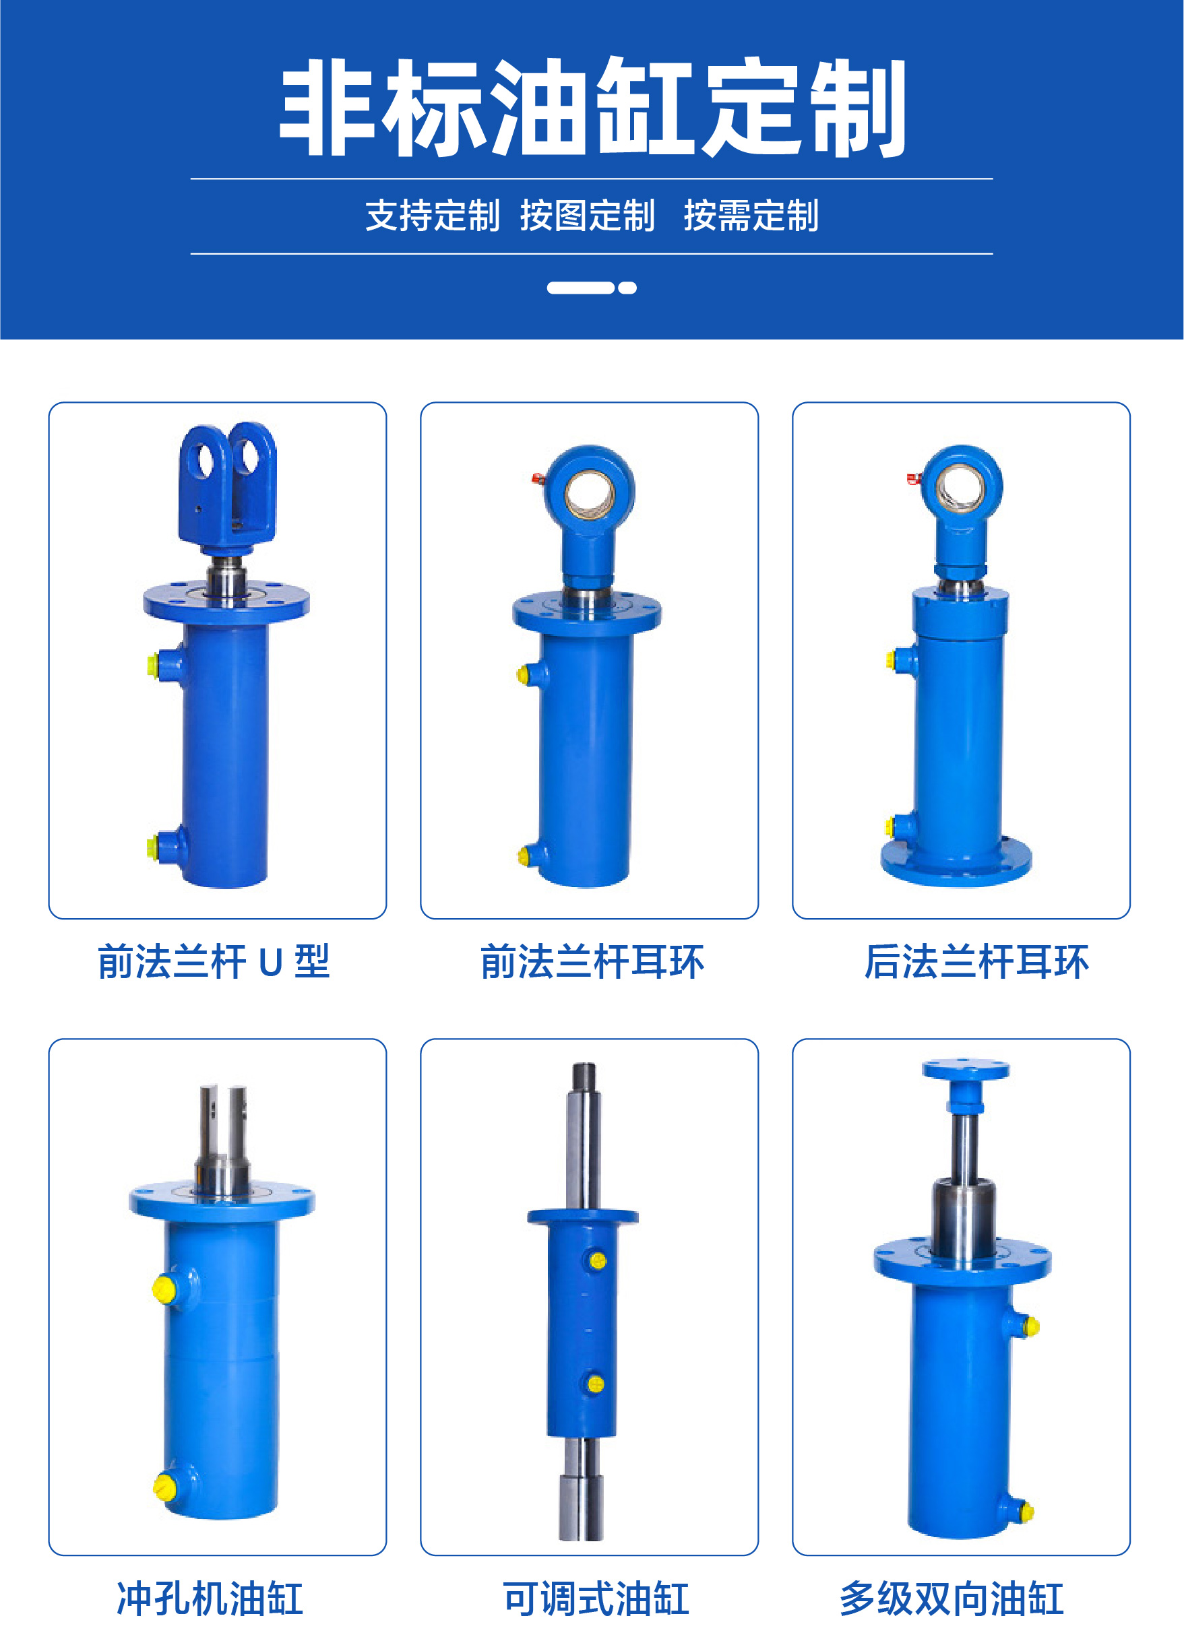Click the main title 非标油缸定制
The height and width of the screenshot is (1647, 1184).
tap(592, 108)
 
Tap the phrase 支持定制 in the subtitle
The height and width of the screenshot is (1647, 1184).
tap(432, 216)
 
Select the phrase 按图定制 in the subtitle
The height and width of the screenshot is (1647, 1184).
tap(588, 216)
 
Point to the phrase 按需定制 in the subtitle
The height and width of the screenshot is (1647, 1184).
tap(751, 216)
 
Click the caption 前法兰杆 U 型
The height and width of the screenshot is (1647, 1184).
tap(214, 961)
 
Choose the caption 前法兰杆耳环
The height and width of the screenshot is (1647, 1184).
tap(592, 961)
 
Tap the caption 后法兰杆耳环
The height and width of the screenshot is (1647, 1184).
tap(976, 961)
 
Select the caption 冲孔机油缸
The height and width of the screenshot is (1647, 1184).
tap(210, 1598)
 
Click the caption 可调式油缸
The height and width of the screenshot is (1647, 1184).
tap(596, 1598)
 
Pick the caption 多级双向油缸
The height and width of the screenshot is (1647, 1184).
tap(952, 1598)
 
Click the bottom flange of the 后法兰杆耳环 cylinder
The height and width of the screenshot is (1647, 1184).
tap(956, 862)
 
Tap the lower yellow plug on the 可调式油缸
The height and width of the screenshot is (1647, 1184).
tap(596, 1384)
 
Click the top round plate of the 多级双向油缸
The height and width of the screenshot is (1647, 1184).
tap(966, 1069)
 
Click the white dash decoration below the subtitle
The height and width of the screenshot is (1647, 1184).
tap(592, 288)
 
